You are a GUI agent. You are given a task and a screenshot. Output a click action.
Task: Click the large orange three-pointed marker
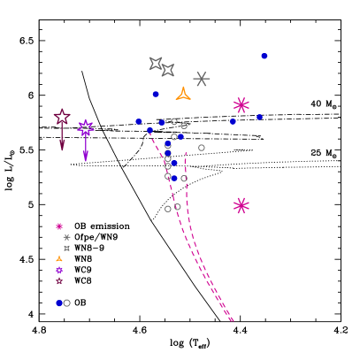click(183, 94)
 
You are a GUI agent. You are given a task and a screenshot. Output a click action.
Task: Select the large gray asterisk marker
click(202, 79)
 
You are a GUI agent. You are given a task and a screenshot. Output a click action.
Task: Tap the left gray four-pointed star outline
click(156, 63)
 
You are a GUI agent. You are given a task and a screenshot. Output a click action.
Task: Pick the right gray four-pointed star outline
click(167, 70)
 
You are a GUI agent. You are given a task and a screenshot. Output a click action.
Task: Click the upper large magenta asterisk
click(241, 105)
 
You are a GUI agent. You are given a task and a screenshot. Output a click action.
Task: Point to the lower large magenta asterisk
click(241, 205)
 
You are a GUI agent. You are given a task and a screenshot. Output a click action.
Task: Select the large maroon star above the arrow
click(62, 117)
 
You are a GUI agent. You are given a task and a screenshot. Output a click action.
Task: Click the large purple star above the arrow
click(86, 127)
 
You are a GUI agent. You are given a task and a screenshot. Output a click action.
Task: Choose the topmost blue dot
click(264, 56)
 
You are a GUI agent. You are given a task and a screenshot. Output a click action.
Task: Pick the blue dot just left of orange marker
click(156, 94)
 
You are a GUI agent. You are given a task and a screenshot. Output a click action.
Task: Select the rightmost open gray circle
click(202, 148)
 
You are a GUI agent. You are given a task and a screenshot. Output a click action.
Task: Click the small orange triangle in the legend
click(59, 259)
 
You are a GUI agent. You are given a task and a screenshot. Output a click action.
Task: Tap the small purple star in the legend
click(59, 270)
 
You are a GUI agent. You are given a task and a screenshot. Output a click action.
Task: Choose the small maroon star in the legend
click(59, 281)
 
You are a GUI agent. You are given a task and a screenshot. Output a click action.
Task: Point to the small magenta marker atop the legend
click(59, 226)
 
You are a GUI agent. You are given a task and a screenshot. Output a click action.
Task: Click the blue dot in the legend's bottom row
click(59, 303)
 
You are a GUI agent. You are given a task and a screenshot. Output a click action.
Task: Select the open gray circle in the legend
click(67, 303)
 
